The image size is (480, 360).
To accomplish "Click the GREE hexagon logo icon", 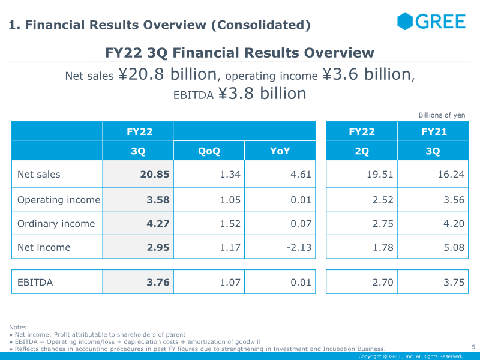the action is click(404, 21).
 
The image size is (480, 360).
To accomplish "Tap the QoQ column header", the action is click(209, 151).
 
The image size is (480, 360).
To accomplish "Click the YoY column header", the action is click(280, 151).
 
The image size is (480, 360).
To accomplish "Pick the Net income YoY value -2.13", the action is click(299, 247).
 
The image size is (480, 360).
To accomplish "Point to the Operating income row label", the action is click(59, 200).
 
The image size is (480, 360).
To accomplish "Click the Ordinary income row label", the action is click(56, 224).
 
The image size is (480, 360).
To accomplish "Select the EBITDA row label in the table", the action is click(35, 282).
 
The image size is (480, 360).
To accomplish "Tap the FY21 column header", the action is click(434, 131).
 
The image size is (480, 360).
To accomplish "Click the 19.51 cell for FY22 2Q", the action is click(380, 174).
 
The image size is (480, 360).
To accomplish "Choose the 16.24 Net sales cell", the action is click(451, 174).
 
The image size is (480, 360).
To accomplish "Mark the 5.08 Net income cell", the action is click(454, 247).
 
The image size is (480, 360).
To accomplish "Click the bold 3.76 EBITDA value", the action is click(158, 282).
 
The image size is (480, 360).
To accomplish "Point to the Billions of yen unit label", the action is click(442, 115).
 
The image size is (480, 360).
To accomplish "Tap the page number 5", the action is click(473, 347).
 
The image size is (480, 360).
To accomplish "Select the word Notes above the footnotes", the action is click(19, 327).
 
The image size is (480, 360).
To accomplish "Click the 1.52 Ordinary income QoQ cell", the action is click(230, 224).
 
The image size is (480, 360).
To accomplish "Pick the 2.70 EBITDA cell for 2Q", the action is click(383, 282).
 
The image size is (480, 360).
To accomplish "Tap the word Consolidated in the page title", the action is click(261, 25).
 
